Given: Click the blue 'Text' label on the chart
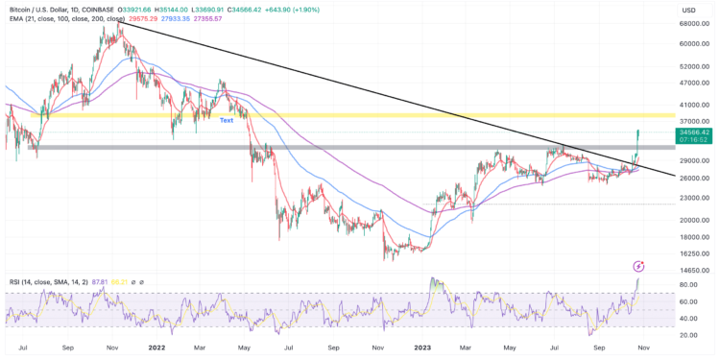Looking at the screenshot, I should (227, 120).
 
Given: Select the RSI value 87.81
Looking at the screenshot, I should (98, 282).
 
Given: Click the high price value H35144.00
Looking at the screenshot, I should (196, 8).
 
